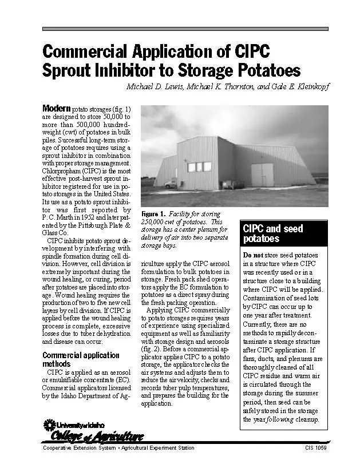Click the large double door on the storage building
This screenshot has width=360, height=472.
(x=263, y=175)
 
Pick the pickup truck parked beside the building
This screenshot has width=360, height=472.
(x=171, y=183)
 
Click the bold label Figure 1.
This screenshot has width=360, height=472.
(x=154, y=214)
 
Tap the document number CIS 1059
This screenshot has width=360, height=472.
(x=316, y=448)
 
